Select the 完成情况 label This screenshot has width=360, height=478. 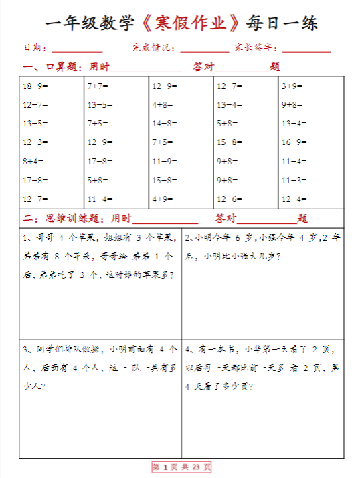coord(154,48)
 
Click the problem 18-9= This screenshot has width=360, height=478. coord(35,86)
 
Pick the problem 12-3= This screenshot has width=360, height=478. coord(35,142)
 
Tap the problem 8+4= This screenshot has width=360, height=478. coord(33,161)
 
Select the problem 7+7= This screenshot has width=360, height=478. coord(98,86)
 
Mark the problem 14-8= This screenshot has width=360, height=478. coord(165,124)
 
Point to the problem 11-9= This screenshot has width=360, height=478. coord(165,161)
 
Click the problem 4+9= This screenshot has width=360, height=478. coord(163,199)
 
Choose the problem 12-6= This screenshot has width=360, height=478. coord(230,199)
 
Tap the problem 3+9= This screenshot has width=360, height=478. coord(292,86)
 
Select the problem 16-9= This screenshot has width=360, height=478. coord(294,142)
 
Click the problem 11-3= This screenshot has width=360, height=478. coord(294,180)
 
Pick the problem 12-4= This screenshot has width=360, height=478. coord(294,199)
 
